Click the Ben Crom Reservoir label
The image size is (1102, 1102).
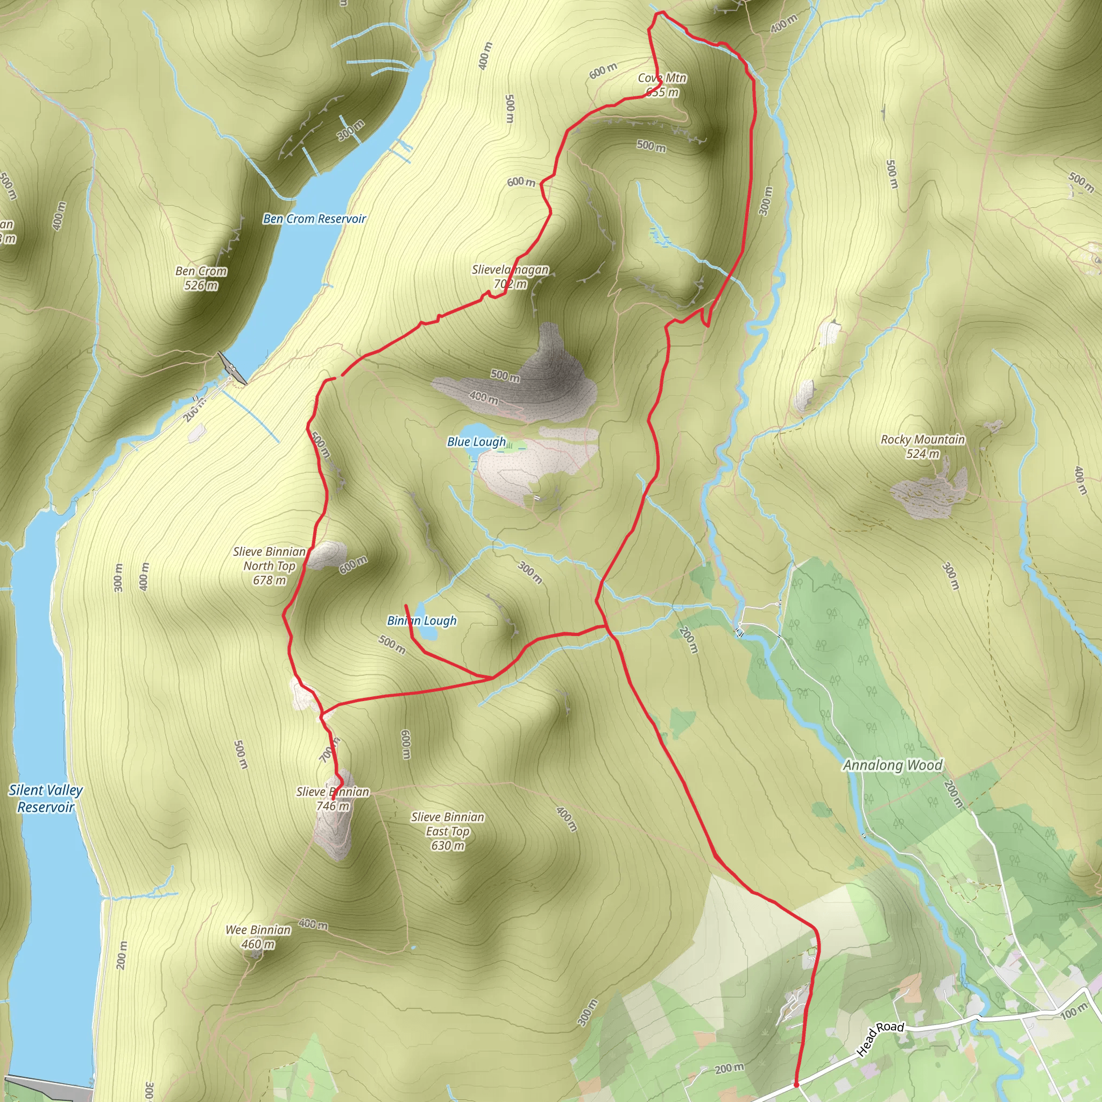314,219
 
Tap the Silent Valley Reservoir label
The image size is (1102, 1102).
46,798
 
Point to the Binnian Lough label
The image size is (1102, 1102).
421,620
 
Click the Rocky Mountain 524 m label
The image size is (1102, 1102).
922,447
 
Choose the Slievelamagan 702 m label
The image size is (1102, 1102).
510,277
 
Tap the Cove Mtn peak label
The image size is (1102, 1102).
662,85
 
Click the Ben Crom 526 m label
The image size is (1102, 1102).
201,278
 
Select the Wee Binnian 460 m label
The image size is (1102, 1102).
258,937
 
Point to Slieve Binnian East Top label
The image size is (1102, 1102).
448,831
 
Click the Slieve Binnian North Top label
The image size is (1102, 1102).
269,566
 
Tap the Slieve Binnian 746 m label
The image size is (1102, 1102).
333,799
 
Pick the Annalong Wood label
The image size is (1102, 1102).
893,766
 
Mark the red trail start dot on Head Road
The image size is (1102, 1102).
796,1084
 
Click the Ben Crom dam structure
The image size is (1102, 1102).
231,369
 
